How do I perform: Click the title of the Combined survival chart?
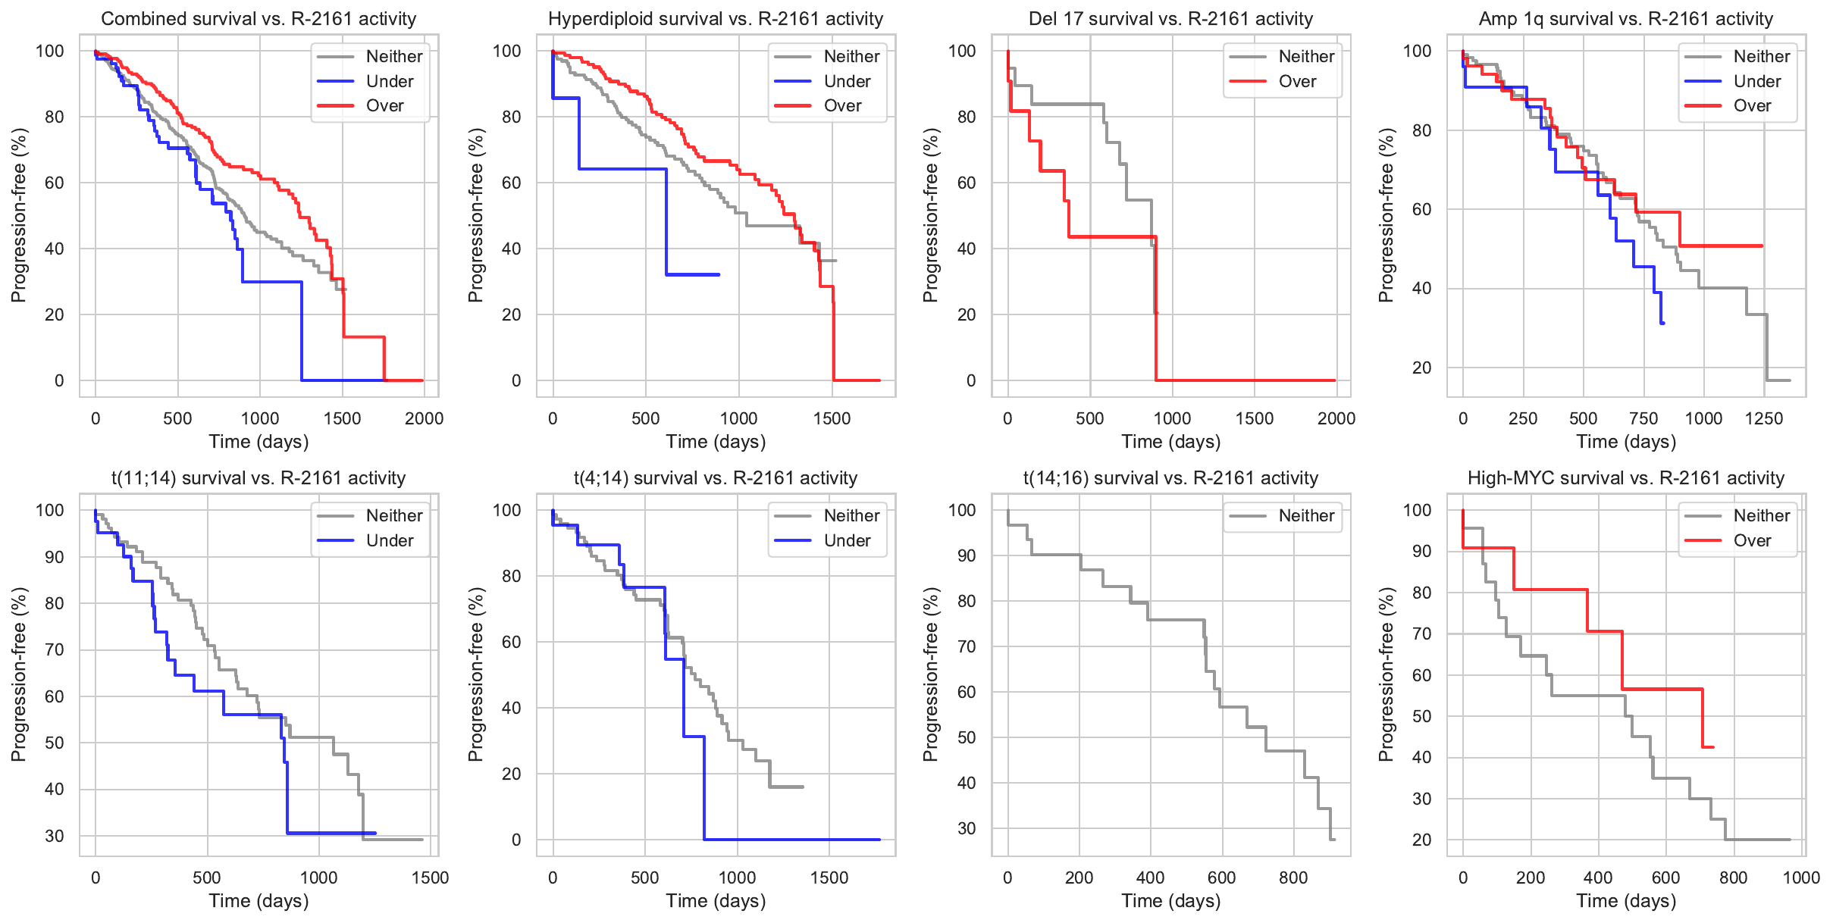258,19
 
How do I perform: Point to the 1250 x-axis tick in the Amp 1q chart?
1763,418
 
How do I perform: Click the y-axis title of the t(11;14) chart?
18,674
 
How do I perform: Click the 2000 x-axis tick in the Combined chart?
424,418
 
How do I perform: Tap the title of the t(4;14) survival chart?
716,478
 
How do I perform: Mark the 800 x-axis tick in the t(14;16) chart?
1293,878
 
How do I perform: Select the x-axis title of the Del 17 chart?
1171,442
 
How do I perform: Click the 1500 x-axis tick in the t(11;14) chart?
430,878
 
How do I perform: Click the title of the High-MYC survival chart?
1626,478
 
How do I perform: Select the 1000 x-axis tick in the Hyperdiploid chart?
738,418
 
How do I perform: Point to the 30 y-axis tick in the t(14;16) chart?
967,828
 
